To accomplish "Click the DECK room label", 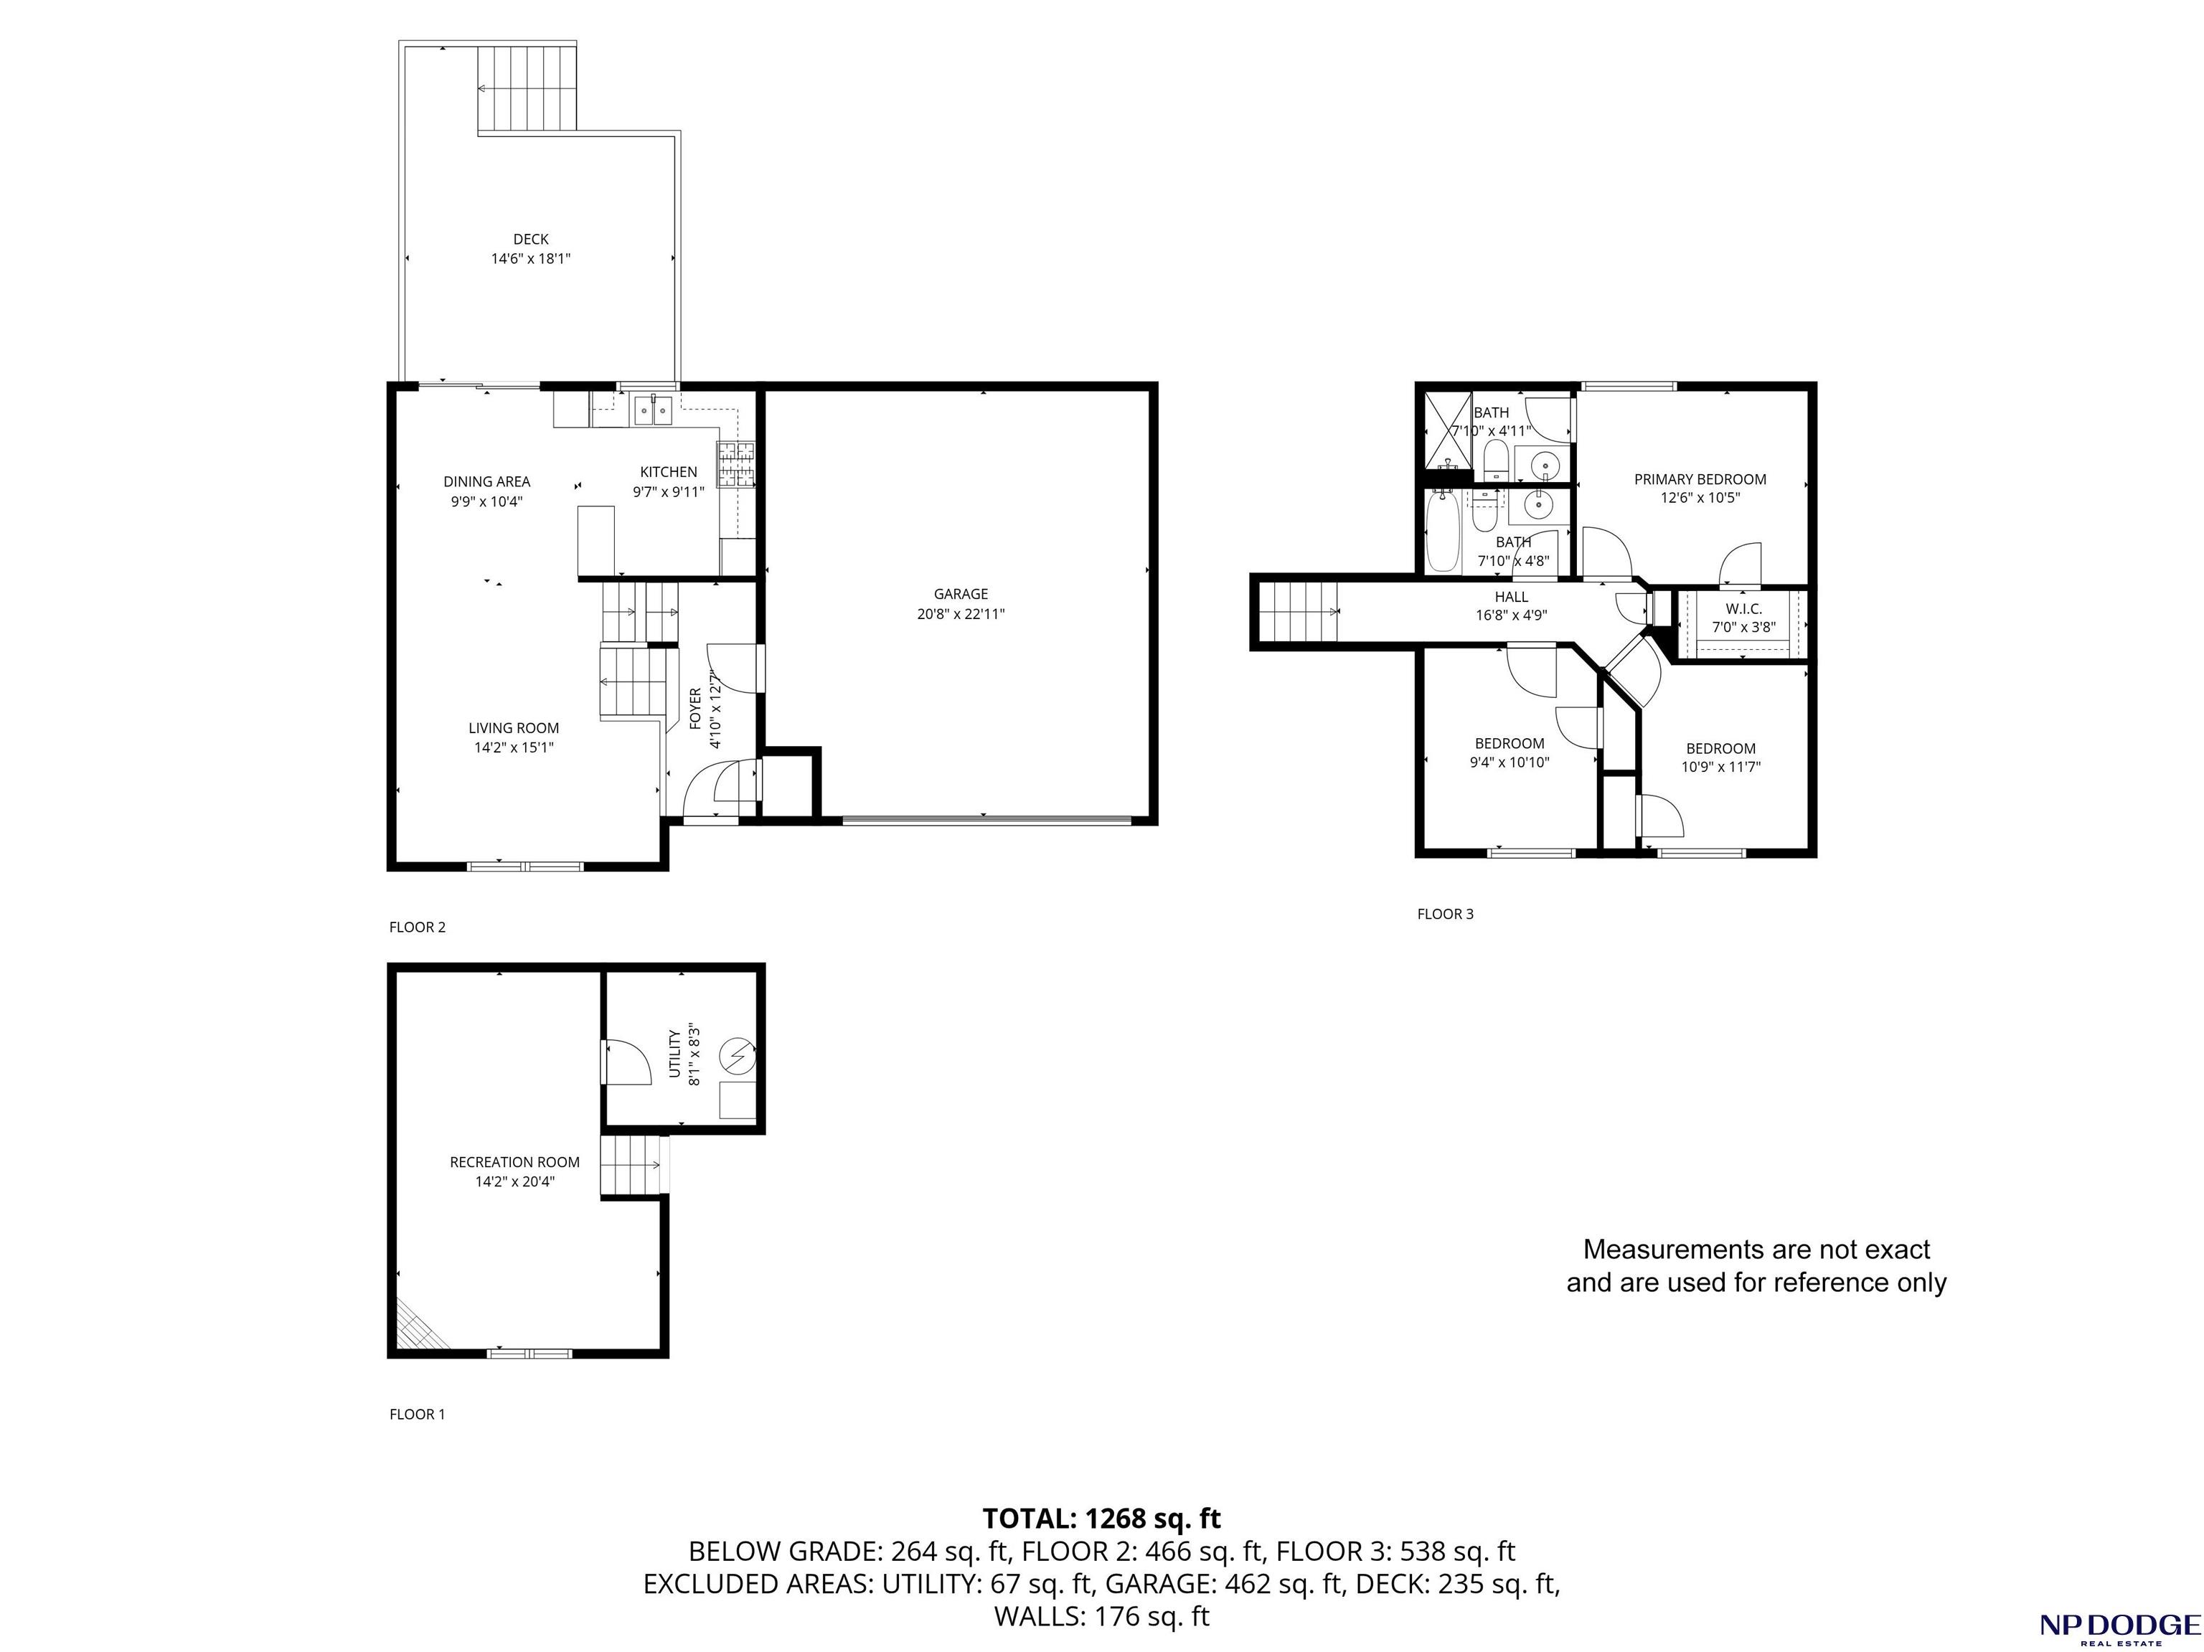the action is (531, 239).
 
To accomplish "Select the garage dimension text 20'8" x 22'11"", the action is (961, 615).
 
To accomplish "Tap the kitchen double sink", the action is (654, 410).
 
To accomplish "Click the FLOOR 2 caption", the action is (418, 927).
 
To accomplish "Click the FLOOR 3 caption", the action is (1445, 914).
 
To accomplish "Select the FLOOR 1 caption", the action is (418, 1414).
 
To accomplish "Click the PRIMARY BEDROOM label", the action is (1700, 479).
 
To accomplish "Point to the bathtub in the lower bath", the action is (1442, 530).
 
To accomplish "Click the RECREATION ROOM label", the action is (514, 1162).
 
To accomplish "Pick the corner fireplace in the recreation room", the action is (418, 1326).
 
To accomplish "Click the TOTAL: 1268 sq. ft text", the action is (1101, 1519).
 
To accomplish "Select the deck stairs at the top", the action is (527, 88).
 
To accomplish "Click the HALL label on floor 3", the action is (1512, 597).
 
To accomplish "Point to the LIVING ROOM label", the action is (514, 728).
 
